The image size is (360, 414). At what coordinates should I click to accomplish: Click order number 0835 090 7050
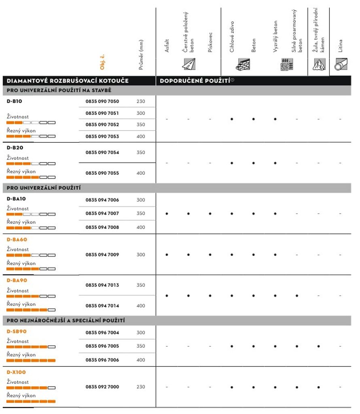click(102, 101)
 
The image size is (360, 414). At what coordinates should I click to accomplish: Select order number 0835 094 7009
click(102, 255)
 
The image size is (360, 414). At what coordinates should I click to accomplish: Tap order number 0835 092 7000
click(102, 387)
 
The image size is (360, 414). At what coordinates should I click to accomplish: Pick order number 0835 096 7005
click(102, 346)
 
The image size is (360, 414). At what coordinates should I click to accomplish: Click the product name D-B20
click(15, 148)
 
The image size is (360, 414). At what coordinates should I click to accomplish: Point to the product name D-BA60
click(17, 239)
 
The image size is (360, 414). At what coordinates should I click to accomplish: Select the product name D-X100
click(16, 372)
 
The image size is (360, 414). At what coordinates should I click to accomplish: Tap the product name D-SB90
click(17, 331)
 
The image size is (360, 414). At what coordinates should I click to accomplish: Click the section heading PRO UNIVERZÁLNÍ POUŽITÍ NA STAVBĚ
click(59, 90)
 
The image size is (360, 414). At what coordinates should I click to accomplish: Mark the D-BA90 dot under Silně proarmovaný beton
click(297, 296)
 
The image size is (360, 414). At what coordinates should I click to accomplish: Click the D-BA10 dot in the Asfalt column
click(167, 213)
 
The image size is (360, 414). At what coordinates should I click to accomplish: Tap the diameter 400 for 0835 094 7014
click(141, 306)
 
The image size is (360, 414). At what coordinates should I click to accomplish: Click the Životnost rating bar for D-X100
click(31, 388)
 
